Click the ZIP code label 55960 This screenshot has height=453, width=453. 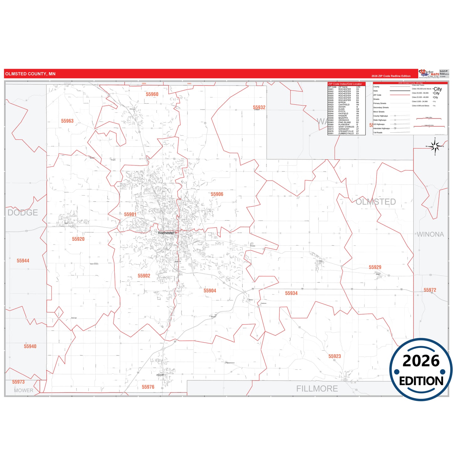point(152,94)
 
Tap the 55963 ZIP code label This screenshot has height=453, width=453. point(67,121)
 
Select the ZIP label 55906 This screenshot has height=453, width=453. point(217,194)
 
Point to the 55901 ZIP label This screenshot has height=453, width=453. point(130,215)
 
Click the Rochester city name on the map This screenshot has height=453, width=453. point(166,233)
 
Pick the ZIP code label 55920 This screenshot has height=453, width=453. point(78,239)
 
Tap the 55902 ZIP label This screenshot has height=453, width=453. point(144,276)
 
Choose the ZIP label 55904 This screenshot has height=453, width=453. point(210,291)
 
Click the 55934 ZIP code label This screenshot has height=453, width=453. point(291,293)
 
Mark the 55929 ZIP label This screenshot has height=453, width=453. point(375,267)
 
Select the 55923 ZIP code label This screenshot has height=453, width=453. point(334,356)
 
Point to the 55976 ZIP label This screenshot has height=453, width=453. point(148,387)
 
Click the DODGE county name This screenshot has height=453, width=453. point(23,213)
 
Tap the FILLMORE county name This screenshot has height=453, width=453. point(317,389)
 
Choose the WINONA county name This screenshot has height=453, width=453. point(430,234)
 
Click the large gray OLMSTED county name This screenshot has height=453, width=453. point(376,202)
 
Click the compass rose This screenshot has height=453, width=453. point(435,146)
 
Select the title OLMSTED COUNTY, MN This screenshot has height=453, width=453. point(30,74)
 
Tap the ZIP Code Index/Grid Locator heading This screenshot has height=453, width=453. point(345,84)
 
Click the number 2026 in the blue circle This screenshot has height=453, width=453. point(421,361)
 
